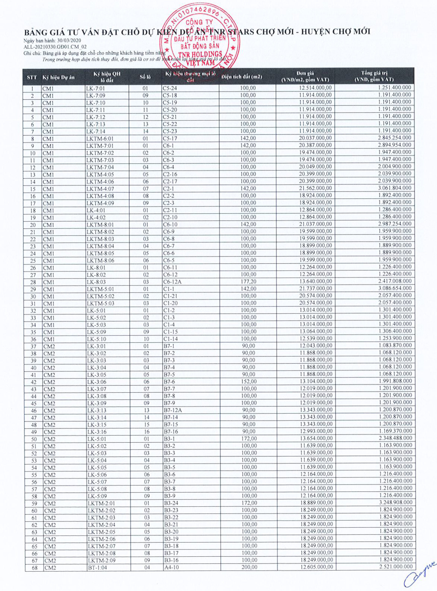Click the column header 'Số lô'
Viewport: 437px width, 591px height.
[x=145, y=77]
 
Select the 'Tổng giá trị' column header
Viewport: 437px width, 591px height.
[x=374, y=76]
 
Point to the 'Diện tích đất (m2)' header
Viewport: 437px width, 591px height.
[x=242, y=77]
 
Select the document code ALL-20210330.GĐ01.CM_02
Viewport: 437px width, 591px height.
[x=55, y=47]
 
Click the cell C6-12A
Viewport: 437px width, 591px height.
[x=172, y=282]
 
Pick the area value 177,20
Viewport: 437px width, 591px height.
[x=248, y=281]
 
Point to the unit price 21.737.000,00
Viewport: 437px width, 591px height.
[x=316, y=289]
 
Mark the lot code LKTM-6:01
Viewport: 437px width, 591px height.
[x=100, y=138]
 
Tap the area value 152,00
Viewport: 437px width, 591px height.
[x=249, y=381]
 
